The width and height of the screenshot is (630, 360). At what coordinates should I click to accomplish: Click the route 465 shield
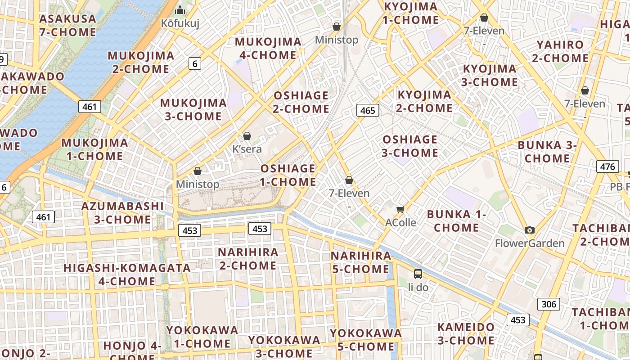click(x=368, y=110)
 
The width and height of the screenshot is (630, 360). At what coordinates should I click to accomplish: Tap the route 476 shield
click(x=607, y=166)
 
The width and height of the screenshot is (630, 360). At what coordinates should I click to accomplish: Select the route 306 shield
click(x=549, y=304)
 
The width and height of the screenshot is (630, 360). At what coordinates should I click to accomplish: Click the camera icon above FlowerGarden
click(x=530, y=230)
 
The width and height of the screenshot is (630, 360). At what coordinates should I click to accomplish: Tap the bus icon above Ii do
click(x=418, y=274)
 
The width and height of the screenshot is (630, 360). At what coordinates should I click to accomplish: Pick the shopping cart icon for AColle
click(x=400, y=209)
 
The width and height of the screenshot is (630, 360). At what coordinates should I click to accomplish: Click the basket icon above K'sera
click(x=247, y=136)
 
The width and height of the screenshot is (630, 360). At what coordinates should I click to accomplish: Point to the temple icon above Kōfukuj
click(x=180, y=10)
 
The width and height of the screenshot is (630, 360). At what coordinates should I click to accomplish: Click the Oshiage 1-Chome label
click(x=288, y=175)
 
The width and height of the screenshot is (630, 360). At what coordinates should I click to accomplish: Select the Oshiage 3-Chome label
click(x=410, y=146)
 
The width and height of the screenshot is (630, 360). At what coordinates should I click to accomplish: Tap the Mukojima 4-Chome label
click(x=268, y=49)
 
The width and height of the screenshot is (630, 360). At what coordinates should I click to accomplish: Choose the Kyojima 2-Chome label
click(x=424, y=101)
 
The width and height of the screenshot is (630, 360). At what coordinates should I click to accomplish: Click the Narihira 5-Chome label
click(x=361, y=262)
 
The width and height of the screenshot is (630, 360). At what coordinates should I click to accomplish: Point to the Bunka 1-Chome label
click(x=456, y=220)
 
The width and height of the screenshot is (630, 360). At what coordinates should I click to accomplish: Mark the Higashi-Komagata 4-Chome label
click(x=127, y=274)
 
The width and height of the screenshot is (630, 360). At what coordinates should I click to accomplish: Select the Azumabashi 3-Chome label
click(x=122, y=213)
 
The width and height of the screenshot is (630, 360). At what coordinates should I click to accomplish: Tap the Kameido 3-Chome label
click(x=466, y=333)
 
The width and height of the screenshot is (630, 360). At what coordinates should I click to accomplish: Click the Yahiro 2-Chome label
click(x=560, y=51)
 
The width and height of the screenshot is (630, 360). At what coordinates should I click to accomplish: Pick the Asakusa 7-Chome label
click(x=67, y=25)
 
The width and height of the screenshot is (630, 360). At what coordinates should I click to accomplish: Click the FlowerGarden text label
click(x=530, y=243)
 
